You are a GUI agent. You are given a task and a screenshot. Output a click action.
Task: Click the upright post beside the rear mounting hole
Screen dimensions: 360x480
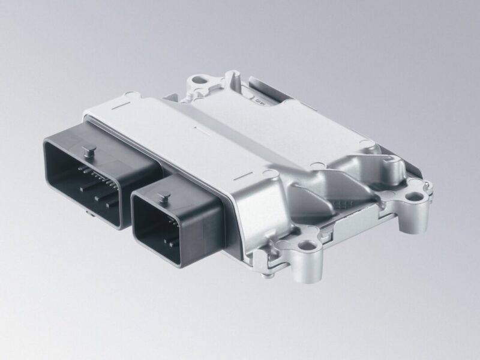[230, 77]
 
